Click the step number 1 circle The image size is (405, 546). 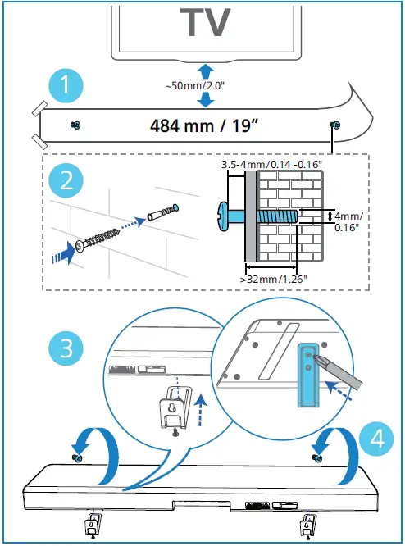click(66, 85)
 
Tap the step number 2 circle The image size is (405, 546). click(66, 180)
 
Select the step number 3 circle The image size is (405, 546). click(66, 348)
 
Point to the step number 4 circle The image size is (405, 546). click(377, 439)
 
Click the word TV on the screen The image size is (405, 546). click(205, 23)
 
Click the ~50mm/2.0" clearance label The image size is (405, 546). click(195, 86)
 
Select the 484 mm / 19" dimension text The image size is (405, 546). click(206, 125)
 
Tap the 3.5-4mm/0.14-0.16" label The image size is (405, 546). click(272, 164)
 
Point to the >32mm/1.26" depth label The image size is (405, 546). click(274, 279)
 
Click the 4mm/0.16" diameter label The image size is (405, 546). click(348, 222)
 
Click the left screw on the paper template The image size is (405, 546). click(75, 125)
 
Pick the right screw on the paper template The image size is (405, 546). click(335, 125)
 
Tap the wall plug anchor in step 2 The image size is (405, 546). click(163, 212)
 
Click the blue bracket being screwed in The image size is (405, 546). click(308, 375)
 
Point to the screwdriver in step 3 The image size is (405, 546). click(337, 370)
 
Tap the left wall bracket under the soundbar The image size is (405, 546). click(93, 525)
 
